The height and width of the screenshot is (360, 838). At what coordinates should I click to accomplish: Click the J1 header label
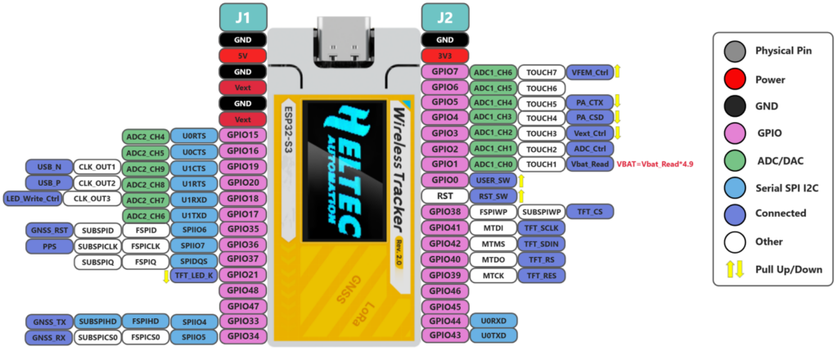pyautogui.click(x=243, y=16)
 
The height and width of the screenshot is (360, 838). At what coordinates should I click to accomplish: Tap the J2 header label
pyautogui.click(x=444, y=16)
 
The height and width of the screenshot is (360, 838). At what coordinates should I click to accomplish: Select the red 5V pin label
pyautogui.click(x=243, y=56)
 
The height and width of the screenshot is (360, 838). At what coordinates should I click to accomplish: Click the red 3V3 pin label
pyautogui.click(x=444, y=56)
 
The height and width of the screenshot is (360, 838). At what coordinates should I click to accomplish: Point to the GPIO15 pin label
pyautogui.click(x=243, y=135)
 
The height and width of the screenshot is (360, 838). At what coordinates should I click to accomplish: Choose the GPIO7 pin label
pyautogui.click(x=444, y=72)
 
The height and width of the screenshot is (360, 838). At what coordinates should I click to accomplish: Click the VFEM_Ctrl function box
pyautogui.click(x=589, y=72)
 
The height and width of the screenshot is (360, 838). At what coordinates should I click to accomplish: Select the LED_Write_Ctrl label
pyautogui.click(x=33, y=199)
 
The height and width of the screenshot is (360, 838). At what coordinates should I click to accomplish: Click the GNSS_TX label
pyautogui.click(x=49, y=321)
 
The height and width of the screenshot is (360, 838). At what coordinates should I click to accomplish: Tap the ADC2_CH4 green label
pyautogui.click(x=145, y=136)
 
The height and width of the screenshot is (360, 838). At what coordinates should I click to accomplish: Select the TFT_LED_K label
pyautogui.click(x=194, y=276)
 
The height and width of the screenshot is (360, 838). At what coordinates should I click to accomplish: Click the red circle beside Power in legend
pyautogui.click(x=735, y=79)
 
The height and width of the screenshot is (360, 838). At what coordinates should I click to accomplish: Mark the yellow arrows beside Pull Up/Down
pyautogui.click(x=735, y=269)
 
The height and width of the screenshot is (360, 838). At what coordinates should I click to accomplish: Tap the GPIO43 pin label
pyautogui.click(x=444, y=336)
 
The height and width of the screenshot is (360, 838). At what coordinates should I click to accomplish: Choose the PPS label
pyautogui.click(x=49, y=245)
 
